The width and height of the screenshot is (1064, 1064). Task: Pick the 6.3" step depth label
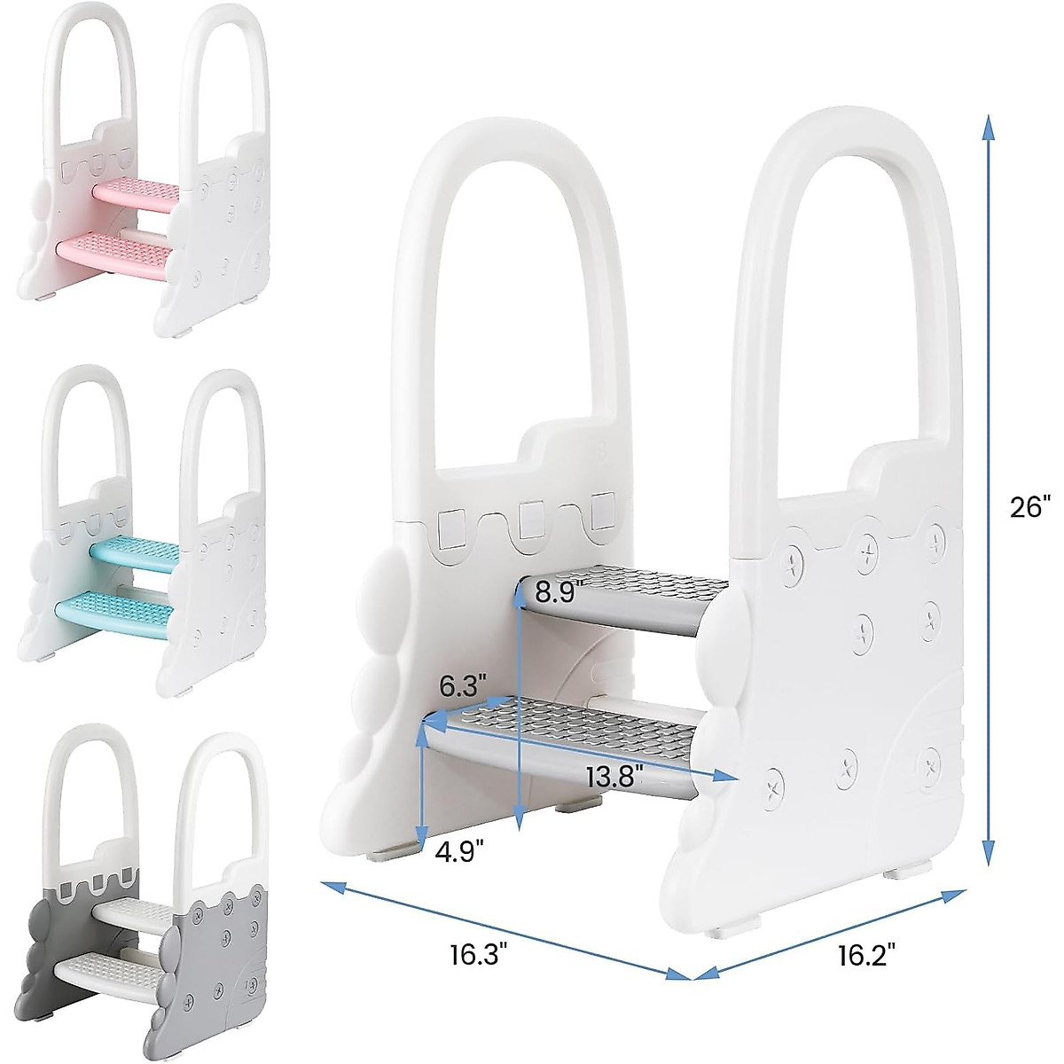tap(464, 685)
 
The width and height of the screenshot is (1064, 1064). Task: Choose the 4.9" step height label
tap(459, 852)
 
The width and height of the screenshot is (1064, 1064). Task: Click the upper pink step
tap(138, 192)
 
